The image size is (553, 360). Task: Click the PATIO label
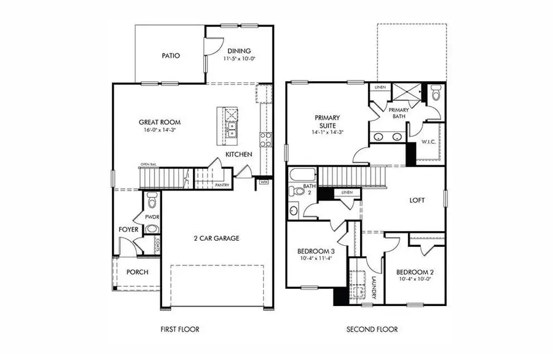[171, 55]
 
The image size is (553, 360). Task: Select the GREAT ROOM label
[159, 122]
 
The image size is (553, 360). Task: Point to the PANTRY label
[222, 184]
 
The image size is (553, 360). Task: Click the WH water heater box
[264, 182]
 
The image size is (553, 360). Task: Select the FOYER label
[128, 230]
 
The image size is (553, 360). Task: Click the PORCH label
[137, 272]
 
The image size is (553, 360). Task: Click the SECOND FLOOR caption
[372, 329]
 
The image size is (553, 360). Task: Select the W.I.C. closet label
[429, 142]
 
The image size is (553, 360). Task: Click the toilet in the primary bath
[436, 94]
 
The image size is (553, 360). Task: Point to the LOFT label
[417, 200]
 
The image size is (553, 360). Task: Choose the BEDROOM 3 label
[315, 251]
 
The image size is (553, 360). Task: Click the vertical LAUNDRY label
[374, 285]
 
